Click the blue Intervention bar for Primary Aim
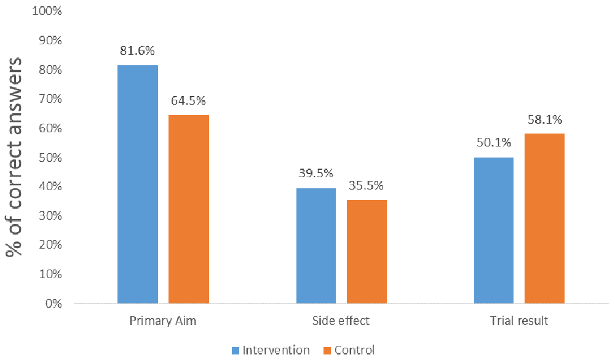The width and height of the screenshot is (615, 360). tap(138, 184)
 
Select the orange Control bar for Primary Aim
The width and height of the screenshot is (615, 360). tap(189, 209)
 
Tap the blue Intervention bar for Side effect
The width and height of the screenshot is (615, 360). tap(316, 246)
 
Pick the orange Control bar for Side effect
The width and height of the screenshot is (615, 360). tap(367, 252)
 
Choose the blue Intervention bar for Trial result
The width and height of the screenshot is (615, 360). tap(494, 230)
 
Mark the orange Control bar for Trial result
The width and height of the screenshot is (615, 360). tap(544, 218)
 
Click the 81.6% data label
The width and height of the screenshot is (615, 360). tap(138, 51)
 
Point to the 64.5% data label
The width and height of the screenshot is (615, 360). tap(189, 100)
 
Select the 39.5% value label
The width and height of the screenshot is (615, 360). tap(316, 174)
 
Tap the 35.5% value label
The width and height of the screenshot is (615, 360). tap(367, 185)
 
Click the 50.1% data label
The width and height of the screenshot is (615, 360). tap(494, 143)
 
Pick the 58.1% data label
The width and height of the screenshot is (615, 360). tap(545, 119)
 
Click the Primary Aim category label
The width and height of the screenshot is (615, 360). tap(163, 321)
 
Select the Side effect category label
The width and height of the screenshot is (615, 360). tap(341, 321)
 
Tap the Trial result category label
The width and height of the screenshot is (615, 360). tap(519, 321)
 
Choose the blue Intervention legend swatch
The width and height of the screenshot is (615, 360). tap(236, 350)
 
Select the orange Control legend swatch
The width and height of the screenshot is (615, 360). tap(326, 350)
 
